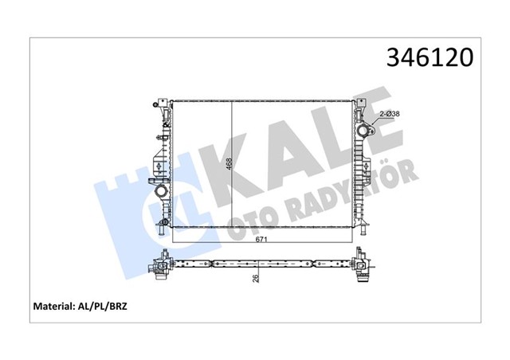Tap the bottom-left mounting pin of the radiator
click(x=163, y=230)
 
